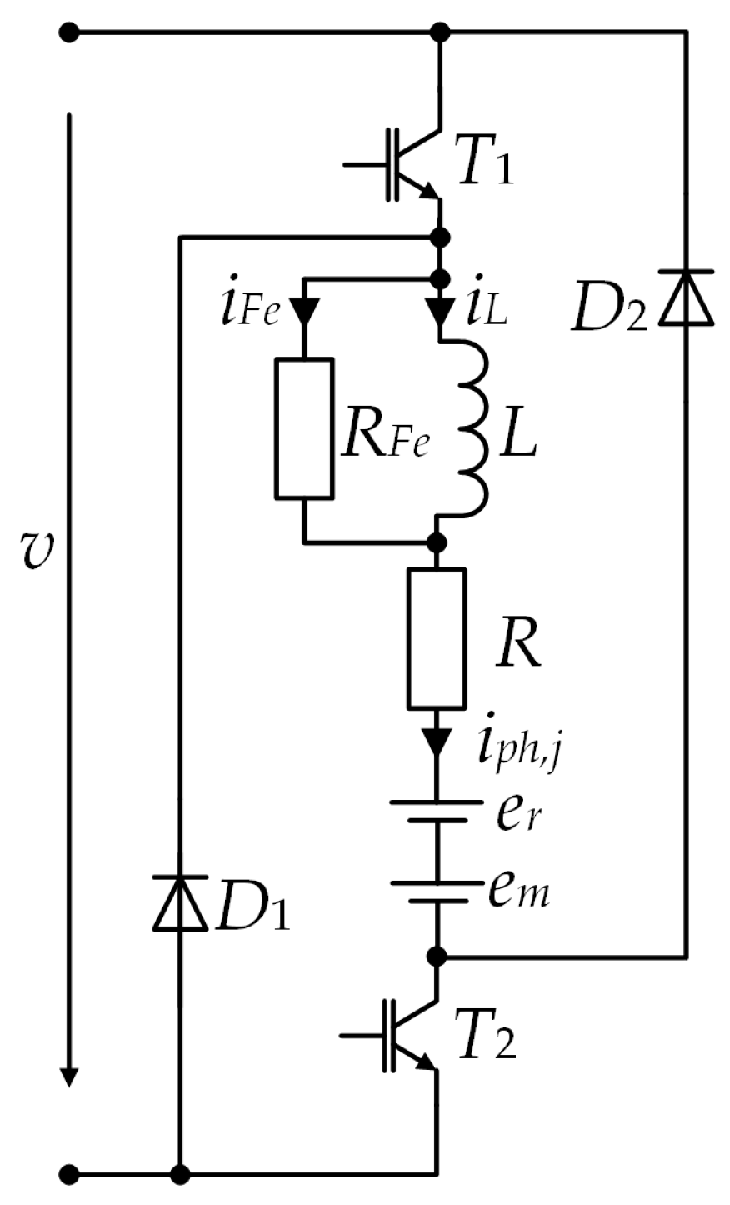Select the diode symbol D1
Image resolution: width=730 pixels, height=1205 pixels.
pos(179,902)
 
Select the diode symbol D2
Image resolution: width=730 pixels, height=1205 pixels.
pos(687,297)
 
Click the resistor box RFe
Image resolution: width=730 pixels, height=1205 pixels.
pos(305,428)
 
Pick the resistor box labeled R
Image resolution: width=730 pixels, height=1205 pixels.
pos(437,637)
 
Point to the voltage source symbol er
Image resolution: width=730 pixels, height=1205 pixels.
pos(437,811)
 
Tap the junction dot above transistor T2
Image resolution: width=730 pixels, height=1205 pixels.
pos(437,955)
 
